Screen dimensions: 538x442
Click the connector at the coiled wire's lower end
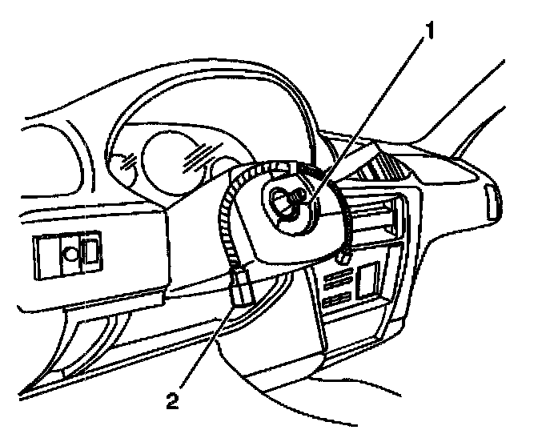(243, 286)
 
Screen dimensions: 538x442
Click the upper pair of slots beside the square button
(335, 278)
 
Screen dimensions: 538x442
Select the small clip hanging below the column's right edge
(342, 256)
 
